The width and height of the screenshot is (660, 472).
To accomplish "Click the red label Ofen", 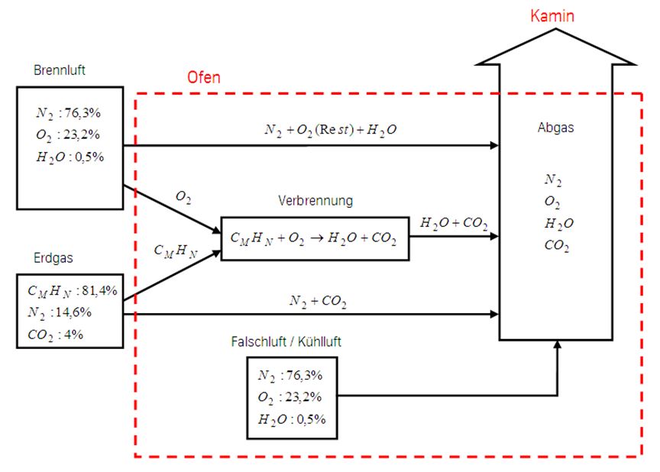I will click(x=204, y=78).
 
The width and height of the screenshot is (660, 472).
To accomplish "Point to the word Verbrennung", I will click(x=315, y=202).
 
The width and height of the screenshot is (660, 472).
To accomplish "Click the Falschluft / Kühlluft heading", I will click(x=286, y=341).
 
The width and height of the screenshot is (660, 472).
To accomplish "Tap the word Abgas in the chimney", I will click(x=555, y=128).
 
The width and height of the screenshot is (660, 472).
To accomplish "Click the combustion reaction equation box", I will click(x=314, y=238).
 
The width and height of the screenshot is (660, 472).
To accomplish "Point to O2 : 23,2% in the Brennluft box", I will click(x=68, y=135).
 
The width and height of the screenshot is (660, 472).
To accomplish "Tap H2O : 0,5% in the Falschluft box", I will click(x=290, y=419).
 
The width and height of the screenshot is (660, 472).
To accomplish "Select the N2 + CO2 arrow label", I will click(x=318, y=302).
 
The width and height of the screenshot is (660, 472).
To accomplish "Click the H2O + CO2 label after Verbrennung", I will click(x=455, y=223).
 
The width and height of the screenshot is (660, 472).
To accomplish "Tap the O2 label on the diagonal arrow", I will click(x=183, y=197).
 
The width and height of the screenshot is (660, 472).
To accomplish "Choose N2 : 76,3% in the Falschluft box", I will click(x=290, y=375).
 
